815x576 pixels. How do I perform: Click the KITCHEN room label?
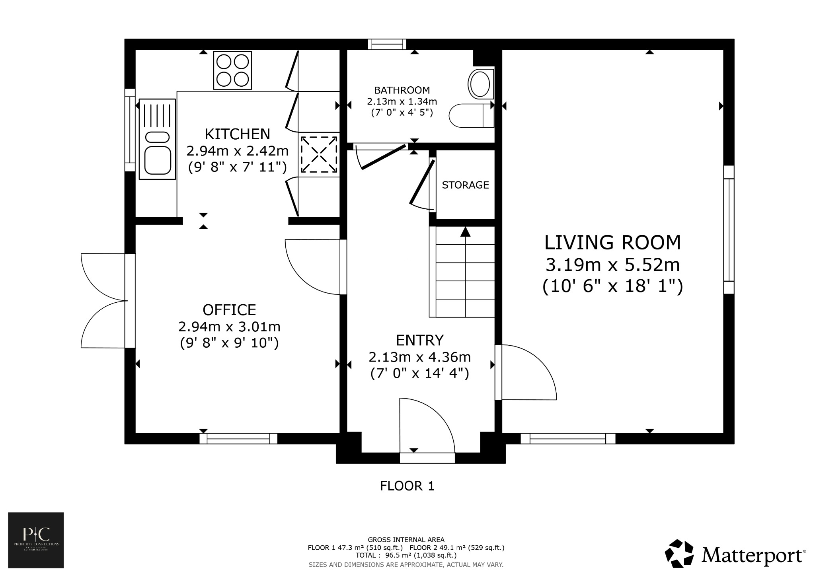[237, 134]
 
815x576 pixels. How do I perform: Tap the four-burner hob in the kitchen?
[233, 70]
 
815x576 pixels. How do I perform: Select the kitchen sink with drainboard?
[157, 139]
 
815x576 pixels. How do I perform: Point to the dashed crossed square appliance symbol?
[318, 154]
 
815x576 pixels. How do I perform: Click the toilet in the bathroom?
[472, 116]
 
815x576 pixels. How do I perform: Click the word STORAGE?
[465, 185]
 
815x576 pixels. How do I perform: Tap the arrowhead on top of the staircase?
[465, 232]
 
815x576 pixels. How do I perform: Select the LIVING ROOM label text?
[612, 243]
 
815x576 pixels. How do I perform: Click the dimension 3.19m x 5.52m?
[612, 265]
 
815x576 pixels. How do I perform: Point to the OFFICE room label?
[229, 310]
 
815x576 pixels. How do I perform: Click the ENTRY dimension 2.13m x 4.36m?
[419, 357]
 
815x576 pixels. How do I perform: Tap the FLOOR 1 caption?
[407, 486]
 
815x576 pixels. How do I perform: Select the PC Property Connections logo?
[36, 540]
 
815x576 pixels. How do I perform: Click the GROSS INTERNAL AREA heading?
[406, 540]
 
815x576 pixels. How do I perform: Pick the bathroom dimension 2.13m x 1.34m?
[402, 102]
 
